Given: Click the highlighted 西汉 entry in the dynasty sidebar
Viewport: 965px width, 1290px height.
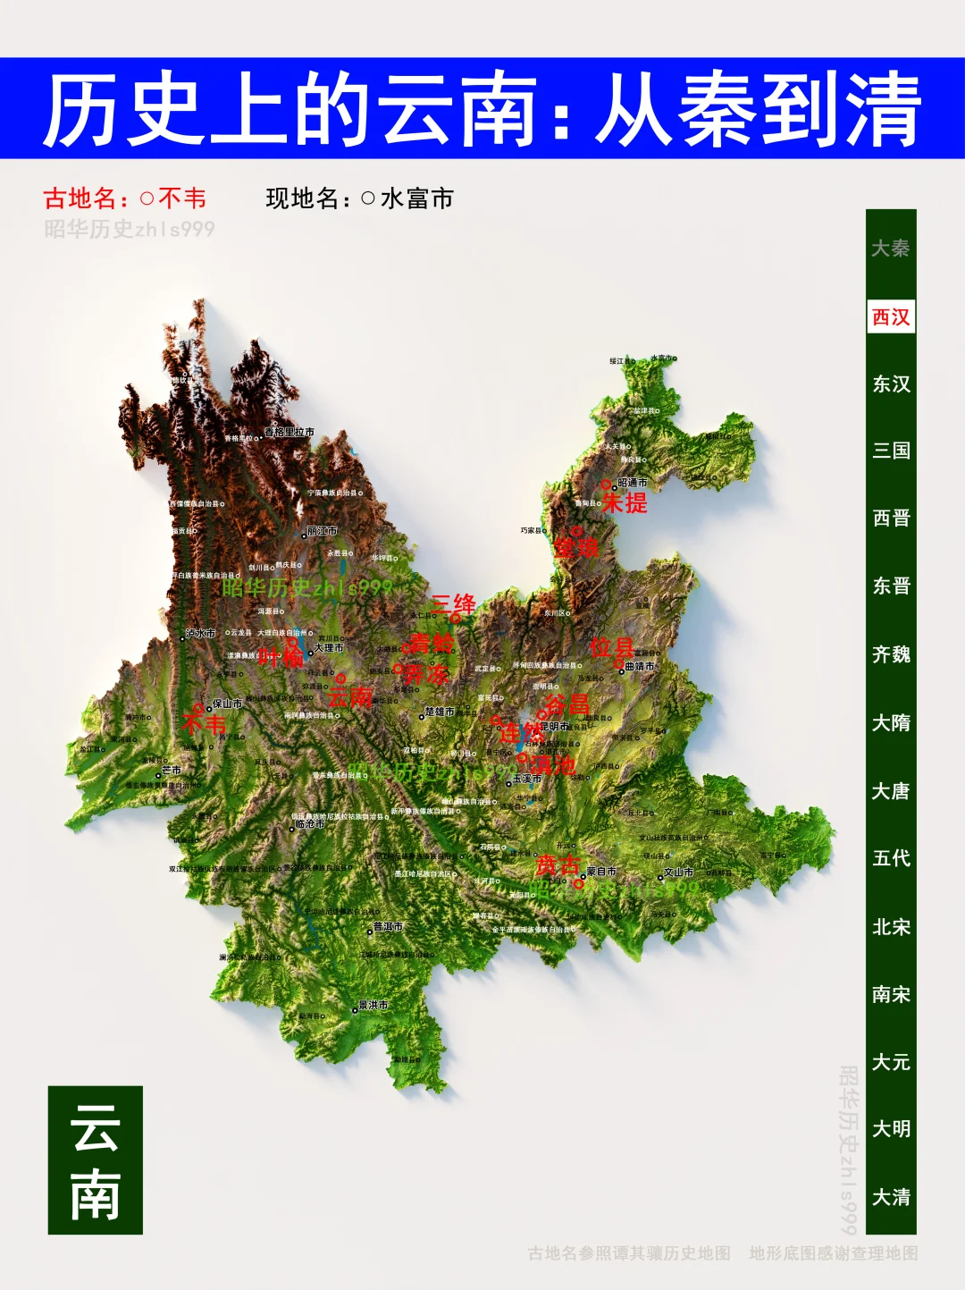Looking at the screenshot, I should coord(891,317).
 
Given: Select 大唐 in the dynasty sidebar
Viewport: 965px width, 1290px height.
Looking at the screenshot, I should coord(891,791).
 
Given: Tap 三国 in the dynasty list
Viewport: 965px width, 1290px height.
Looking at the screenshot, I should coord(891,451).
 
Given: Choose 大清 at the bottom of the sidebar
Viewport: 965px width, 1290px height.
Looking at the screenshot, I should coord(891,1197).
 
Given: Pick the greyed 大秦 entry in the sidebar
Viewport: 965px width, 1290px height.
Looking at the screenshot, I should coord(891,249).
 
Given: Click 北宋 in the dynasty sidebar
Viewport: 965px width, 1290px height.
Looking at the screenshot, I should coord(891,927).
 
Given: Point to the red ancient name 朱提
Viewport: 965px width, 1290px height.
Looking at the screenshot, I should coord(625,503).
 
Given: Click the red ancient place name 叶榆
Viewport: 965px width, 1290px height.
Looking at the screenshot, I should coord(281,657).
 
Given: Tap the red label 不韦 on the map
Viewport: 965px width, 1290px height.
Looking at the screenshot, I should coord(205,722).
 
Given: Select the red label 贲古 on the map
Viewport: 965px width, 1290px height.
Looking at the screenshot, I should coord(558,865).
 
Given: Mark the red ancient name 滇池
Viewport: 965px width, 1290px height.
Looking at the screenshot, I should coord(553,765).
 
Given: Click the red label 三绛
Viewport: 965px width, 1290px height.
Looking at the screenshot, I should coord(453,604).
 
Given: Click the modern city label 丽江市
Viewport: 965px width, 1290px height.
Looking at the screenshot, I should coord(322,531).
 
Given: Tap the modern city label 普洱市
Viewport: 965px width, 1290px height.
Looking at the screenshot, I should coord(388,927).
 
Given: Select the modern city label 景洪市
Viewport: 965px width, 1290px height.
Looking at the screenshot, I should coord(373,1005).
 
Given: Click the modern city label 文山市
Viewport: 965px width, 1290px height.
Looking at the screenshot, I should coord(678,873).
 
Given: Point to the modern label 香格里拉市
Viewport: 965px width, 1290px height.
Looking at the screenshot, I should coord(289,432).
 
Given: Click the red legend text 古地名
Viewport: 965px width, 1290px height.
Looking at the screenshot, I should coord(81,198).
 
